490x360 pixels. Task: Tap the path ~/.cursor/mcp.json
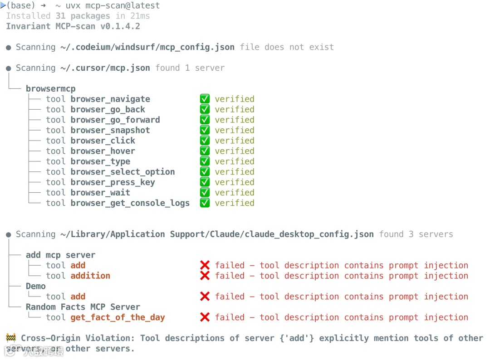click(x=105, y=68)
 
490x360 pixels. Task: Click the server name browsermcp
click(x=50, y=89)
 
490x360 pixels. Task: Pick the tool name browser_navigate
click(x=110, y=99)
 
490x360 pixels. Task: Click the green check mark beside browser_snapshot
click(x=205, y=131)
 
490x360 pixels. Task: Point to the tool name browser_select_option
click(x=122, y=172)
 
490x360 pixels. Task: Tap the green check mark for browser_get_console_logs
click(x=205, y=203)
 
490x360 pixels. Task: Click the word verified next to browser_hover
click(x=235, y=151)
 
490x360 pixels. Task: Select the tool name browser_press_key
click(x=113, y=183)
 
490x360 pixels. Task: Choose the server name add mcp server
click(x=60, y=255)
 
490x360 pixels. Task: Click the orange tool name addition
click(x=90, y=276)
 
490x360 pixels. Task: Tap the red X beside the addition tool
click(x=205, y=276)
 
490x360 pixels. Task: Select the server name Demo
click(x=35, y=287)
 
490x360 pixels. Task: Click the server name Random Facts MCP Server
click(x=83, y=307)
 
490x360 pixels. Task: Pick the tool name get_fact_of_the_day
click(x=118, y=318)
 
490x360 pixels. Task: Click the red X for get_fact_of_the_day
click(x=205, y=318)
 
